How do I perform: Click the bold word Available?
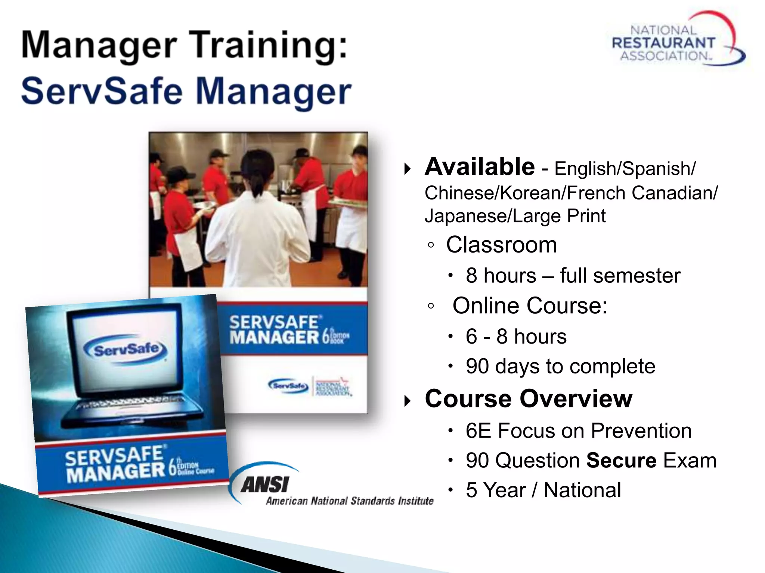pyautogui.click(x=480, y=167)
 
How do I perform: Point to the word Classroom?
pyautogui.click(x=501, y=245)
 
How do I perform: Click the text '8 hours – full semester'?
pyautogui.click(x=573, y=276)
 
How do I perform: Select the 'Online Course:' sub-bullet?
pyautogui.click(x=530, y=306)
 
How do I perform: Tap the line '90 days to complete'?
pyautogui.click(x=560, y=366)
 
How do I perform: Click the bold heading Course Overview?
pyautogui.click(x=529, y=399)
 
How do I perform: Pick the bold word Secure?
pyautogui.click(x=621, y=460)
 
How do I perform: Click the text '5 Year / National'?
pyautogui.click(x=543, y=490)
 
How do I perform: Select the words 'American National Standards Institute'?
pyautogui.click(x=349, y=501)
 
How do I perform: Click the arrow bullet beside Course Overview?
pyautogui.click(x=408, y=401)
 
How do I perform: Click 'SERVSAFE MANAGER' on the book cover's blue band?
pyautogui.click(x=275, y=330)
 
